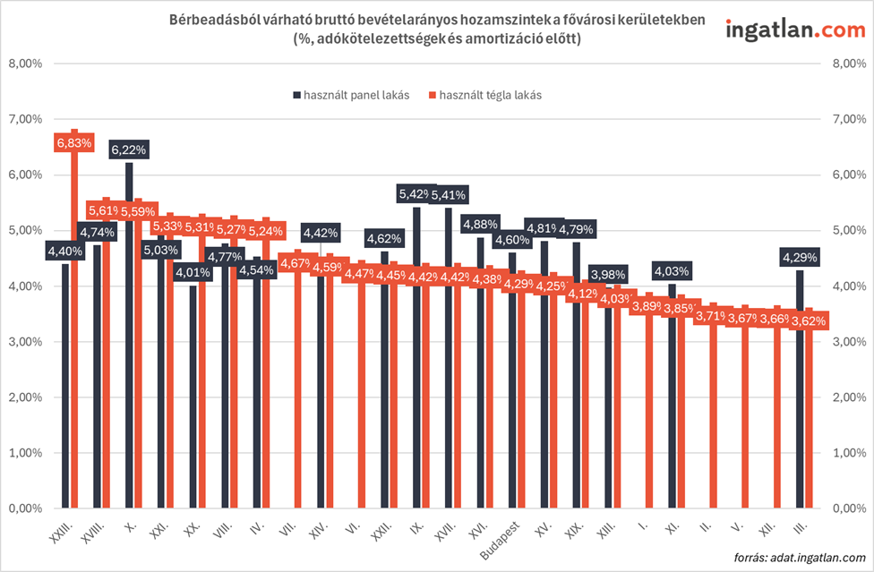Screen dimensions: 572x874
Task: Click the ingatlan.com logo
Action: point(789,30)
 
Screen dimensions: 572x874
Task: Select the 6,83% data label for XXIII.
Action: point(74,142)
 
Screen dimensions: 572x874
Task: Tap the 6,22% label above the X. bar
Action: point(129,149)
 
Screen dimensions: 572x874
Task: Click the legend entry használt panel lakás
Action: point(350,95)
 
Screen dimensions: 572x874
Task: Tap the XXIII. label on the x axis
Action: point(60,530)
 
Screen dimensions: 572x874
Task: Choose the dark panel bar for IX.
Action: point(416,358)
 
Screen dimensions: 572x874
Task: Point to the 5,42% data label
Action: point(416,193)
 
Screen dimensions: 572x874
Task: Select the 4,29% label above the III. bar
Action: point(799,257)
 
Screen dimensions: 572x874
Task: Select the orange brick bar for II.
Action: point(714,412)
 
